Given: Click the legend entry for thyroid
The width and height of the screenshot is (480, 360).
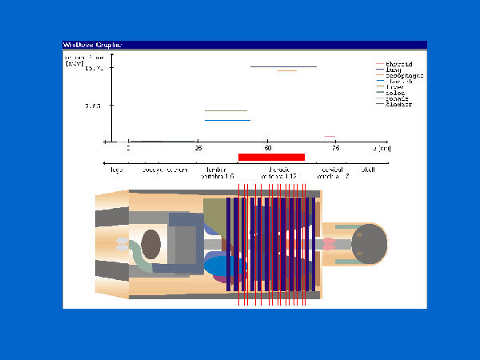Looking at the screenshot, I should click(398, 64).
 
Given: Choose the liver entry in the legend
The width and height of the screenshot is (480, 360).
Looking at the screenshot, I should click(394, 87).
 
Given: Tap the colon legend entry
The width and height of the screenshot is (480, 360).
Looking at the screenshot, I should click(394, 93).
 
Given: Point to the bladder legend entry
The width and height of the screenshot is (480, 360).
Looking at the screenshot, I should click(398, 104).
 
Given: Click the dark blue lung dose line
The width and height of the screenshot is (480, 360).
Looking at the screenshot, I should click(283, 67).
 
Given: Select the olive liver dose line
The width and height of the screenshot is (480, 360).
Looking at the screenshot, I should click(226, 111).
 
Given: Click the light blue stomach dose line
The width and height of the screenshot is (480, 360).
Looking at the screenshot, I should click(227, 120).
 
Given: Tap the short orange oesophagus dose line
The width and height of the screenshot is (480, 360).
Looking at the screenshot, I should click(287, 71).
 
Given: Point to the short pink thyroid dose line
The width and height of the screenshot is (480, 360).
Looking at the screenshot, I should click(330, 137).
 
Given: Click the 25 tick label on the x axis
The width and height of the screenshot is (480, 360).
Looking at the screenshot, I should click(198, 149).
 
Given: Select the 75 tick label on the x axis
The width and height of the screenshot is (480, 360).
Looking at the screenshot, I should click(335, 149).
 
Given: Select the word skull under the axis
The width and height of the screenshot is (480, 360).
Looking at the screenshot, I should click(369, 170).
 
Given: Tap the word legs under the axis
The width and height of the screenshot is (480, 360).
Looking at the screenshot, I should click(117, 170).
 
